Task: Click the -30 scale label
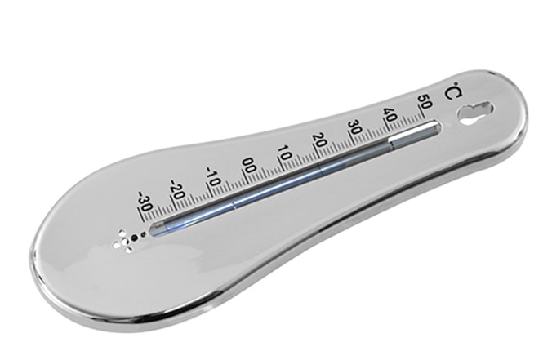(x=144, y=201)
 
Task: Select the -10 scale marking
(x=213, y=176)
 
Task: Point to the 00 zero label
(x=249, y=165)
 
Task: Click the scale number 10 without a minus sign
(x=284, y=153)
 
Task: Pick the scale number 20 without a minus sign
(x=319, y=140)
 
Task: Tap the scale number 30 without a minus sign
(x=355, y=127)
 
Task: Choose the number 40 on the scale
(x=390, y=115)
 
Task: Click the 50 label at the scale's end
(x=425, y=102)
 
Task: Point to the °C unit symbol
(x=452, y=90)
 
